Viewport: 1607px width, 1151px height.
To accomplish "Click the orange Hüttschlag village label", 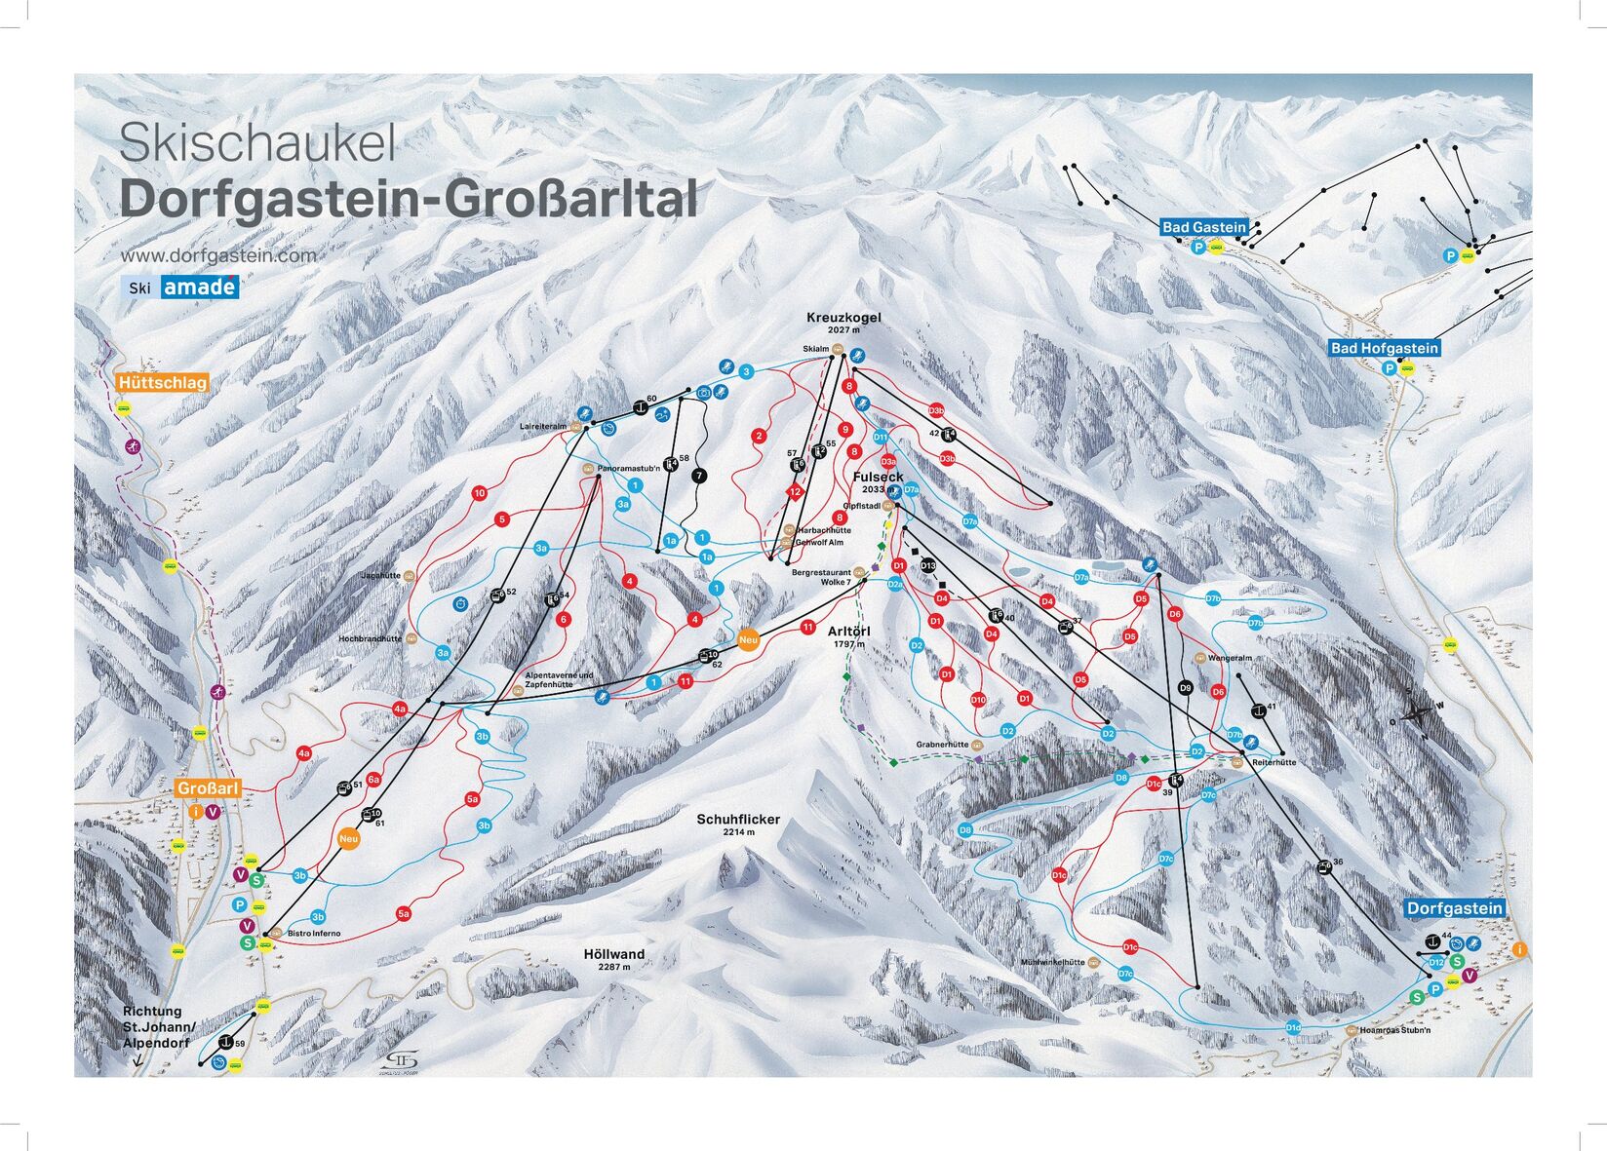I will pyautogui.click(x=162, y=383).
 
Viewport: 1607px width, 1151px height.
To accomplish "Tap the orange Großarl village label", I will pyautogui.click(x=207, y=788).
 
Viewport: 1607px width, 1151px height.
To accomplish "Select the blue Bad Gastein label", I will pyautogui.click(x=1204, y=227).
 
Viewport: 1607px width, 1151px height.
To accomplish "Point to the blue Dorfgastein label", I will pyautogui.click(x=1454, y=908).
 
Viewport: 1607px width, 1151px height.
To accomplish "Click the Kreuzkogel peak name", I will pyautogui.click(x=843, y=318).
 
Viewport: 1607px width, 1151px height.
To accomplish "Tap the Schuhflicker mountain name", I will pyautogui.click(x=738, y=820).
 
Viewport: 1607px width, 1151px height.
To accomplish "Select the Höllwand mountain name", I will pyautogui.click(x=614, y=954).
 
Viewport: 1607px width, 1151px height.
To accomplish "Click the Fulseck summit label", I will pyautogui.click(x=878, y=477).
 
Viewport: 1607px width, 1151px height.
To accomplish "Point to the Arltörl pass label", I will pyautogui.click(x=848, y=632).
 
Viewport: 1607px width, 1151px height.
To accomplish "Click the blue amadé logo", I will pyautogui.click(x=199, y=287).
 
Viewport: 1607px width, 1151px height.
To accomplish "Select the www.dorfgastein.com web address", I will pyautogui.click(x=218, y=255).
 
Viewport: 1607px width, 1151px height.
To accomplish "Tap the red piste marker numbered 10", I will pyautogui.click(x=479, y=493).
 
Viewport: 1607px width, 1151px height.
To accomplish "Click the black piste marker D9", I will pyautogui.click(x=1186, y=688).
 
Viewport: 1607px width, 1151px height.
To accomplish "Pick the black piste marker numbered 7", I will pyautogui.click(x=698, y=476).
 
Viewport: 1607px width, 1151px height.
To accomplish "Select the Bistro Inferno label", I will pyautogui.click(x=313, y=934).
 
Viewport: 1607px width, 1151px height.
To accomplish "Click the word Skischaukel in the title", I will pyautogui.click(x=257, y=144).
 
